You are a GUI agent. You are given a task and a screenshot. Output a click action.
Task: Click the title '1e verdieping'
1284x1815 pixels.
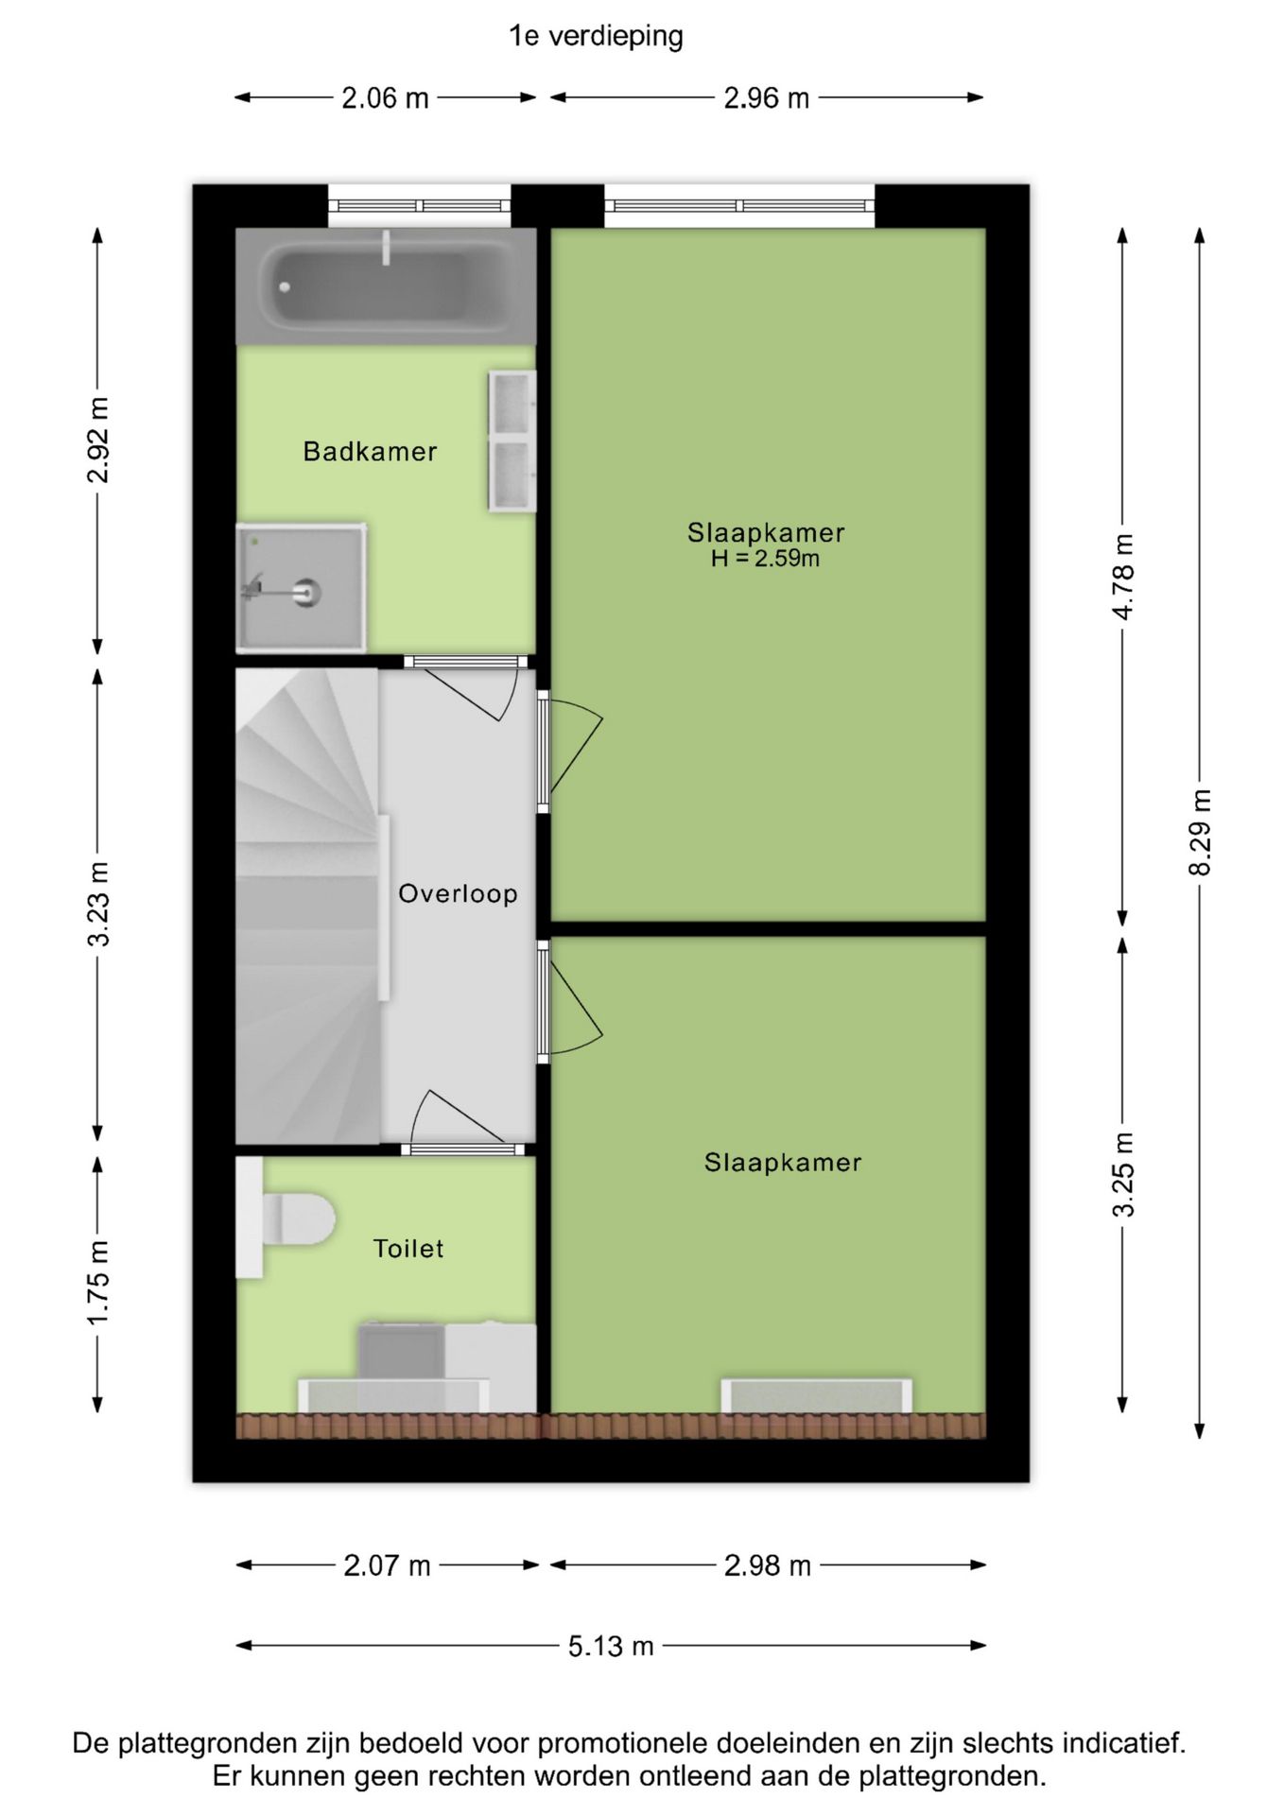pyautogui.click(x=596, y=36)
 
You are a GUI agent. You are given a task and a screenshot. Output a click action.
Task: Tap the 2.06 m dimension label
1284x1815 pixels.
pyautogui.click(x=385, y=97)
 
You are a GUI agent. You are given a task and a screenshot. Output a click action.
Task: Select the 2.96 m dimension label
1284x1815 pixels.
pyautogui.click(x=766, y=97)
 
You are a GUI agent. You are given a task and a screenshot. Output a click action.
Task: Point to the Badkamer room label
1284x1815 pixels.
pyautogui.click(x=370, y=452)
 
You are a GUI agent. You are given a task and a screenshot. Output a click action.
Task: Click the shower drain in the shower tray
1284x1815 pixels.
pyautogui.click(x=306, y=593)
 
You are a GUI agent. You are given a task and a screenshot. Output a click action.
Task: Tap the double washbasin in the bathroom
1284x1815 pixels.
pyautogui.click(x=512, y=441)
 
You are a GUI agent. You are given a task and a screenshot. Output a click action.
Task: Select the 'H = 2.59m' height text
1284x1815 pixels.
pyautogui.click(x=765, y=559)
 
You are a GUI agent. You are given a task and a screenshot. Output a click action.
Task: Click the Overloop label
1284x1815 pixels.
pyautogui.click(x=458, y=893)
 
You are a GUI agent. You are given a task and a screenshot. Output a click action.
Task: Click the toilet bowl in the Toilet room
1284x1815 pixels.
pyautogui.click(x=298, y=1219)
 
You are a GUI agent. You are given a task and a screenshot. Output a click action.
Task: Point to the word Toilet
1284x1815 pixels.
pyautogui.click(x=408, y=1249)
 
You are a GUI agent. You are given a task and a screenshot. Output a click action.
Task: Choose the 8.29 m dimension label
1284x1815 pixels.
pyautogui.click(x=1199, y=832)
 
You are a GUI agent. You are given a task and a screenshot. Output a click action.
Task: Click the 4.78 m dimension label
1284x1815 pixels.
pyautogui.click(x=1122, y=577)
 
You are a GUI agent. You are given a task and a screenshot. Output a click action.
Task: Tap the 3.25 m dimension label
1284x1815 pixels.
pyautogui.click(x=1122, y=1175)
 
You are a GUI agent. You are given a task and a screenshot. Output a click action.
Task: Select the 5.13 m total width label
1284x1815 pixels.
pyautogui.click(x=611, y=1646)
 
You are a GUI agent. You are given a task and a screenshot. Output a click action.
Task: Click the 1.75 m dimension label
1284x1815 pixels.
pyautogui.click(x=98, y=1283)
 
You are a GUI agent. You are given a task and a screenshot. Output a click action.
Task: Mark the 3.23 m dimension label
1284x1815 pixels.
pyautogui.click(x=98, y=904)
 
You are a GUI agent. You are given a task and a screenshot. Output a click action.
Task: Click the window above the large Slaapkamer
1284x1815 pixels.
pyautogui.click(x=739, y=205)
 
